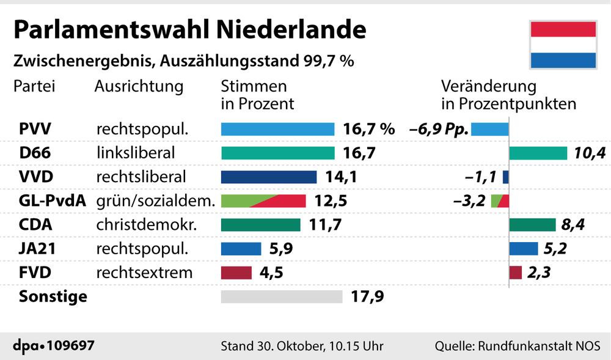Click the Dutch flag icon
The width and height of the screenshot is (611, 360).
(563, 44)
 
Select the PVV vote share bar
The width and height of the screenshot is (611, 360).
(277, 129)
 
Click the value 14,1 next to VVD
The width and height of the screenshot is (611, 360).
(341, 177)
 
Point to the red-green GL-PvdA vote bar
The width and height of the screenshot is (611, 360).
(263, 200)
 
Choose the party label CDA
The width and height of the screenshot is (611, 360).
(36, 225)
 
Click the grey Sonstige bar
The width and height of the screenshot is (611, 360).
(281, 296)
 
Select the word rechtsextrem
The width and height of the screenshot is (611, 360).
(144, 273)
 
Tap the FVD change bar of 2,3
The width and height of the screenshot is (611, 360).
(515, 273)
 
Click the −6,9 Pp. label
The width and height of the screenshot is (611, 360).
(438, 130)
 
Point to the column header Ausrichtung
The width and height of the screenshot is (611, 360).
(139, 86)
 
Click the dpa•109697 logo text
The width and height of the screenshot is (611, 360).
(54, 345)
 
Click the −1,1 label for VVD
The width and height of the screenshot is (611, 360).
(481, 177)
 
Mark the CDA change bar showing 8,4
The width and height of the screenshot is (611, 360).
(532, 225)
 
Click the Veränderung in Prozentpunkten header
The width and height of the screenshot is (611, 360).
(508, 95)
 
